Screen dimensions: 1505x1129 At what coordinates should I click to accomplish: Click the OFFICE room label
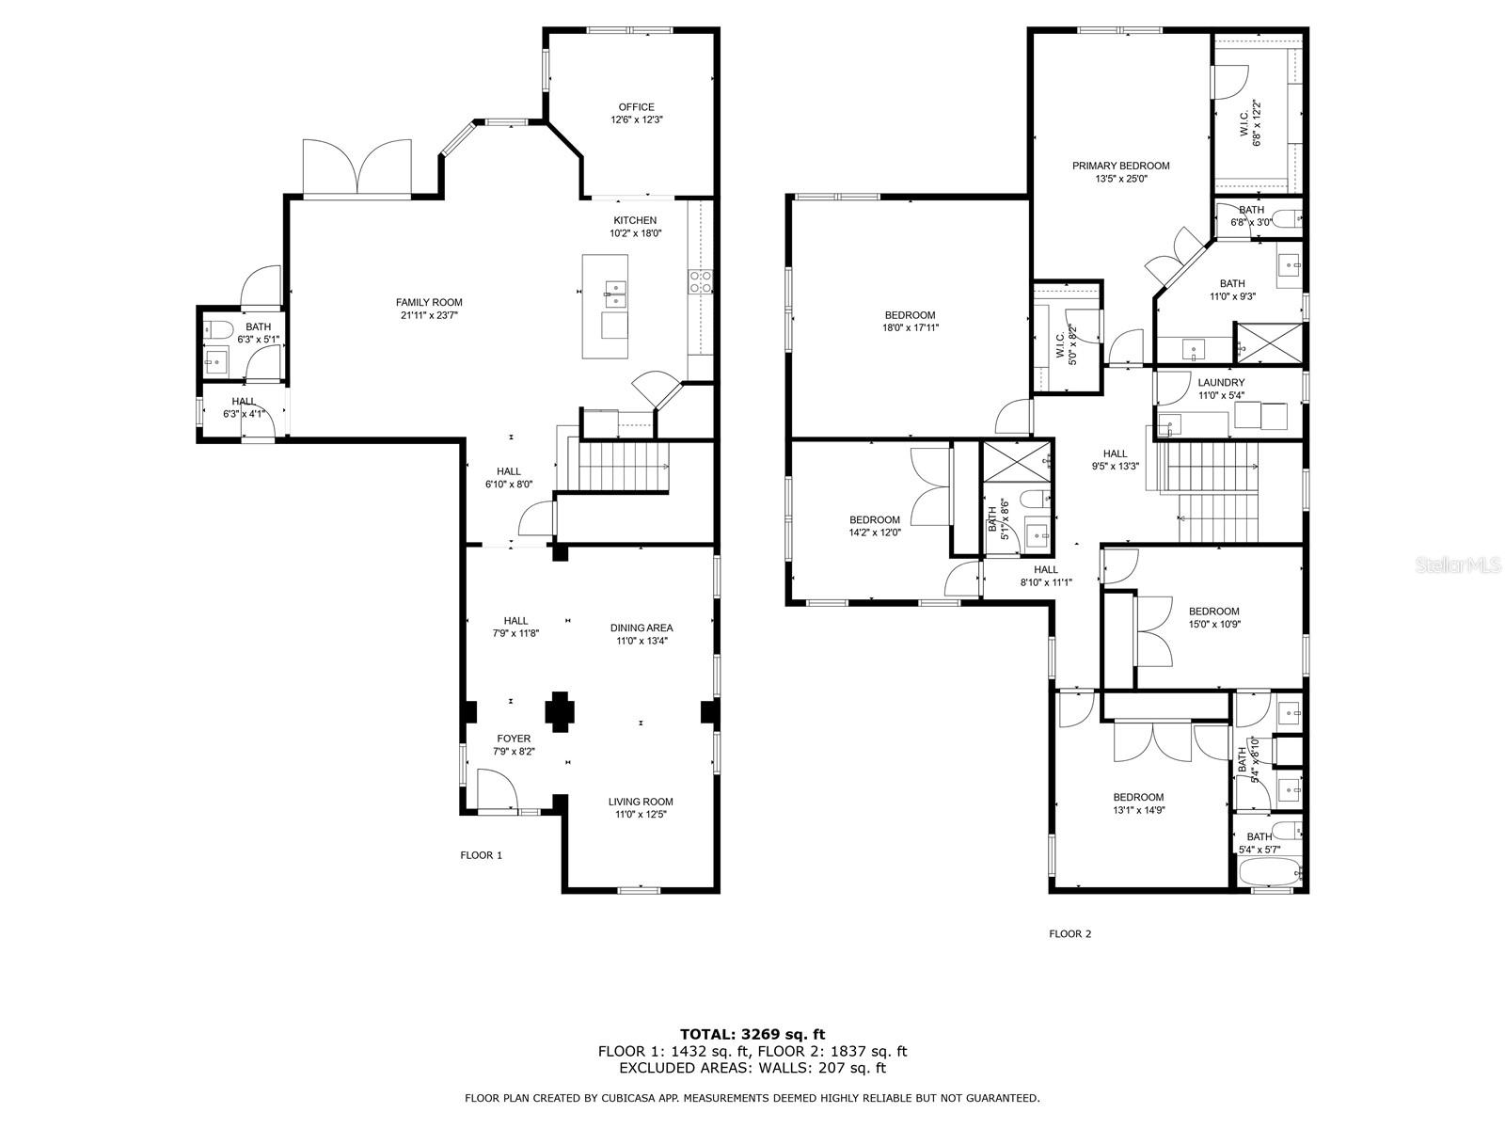636,107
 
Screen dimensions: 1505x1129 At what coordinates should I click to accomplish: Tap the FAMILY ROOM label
429,302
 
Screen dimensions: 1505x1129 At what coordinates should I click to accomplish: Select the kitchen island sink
615,293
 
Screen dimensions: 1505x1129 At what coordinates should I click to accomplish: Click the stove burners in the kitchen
700,281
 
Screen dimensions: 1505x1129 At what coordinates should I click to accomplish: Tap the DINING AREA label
642,628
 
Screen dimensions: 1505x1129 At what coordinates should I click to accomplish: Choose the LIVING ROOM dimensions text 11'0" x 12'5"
642,815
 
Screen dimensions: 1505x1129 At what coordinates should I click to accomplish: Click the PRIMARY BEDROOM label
1121,166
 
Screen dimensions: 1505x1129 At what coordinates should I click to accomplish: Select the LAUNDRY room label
1221,383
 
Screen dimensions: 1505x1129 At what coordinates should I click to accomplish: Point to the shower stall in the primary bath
1269,342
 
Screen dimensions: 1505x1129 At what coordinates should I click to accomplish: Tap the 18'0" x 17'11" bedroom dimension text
911,327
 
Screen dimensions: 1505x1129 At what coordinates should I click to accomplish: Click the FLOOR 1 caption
482,855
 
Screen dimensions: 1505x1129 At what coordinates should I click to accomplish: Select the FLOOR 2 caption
1070,933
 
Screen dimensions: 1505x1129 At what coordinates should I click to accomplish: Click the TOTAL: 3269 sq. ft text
752,1034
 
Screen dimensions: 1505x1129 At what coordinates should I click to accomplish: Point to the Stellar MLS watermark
1466,564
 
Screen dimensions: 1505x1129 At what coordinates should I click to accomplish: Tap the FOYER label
514,739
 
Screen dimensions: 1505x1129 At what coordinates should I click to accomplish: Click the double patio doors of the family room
357,168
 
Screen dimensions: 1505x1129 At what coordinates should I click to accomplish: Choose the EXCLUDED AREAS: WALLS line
752,1068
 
